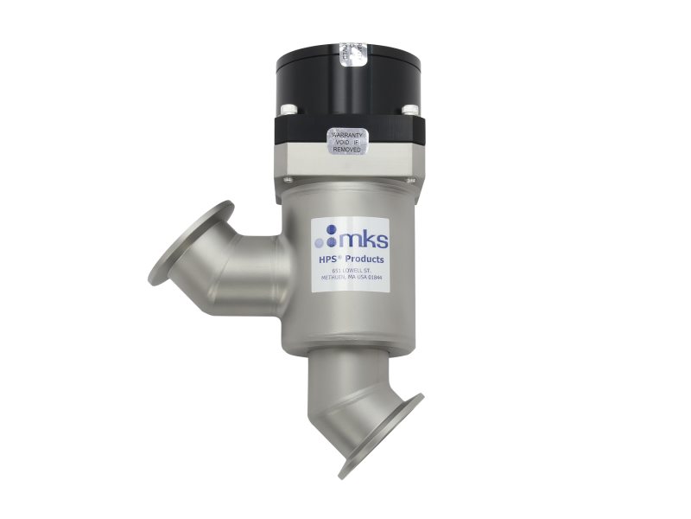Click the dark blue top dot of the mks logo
[x=332, y=227]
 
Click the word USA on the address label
[x=363, y=279]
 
